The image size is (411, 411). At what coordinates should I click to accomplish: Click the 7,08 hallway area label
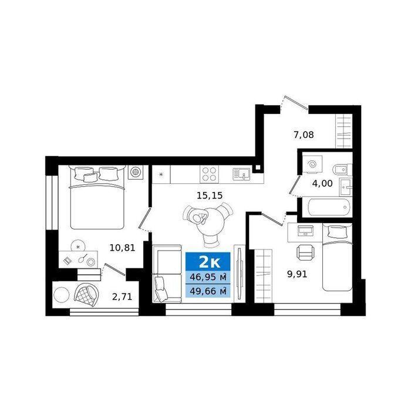pyautogui.click(x=304, y=135)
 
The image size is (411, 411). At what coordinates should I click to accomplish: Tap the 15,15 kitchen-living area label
pyautogui.click(x=210, y=196)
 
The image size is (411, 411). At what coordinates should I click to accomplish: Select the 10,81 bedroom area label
pyautogui.click(x=122, y=248)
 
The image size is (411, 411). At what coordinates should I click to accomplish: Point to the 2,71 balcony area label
pyautogui.click(x=122, y=297)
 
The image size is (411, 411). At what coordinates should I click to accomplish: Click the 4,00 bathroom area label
pyautogui.click(x=322, y=183)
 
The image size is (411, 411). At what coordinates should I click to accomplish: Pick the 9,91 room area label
pyautogui.click(x=297, y=274)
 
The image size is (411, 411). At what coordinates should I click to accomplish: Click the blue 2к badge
pyautogui.click(x=208, y=262)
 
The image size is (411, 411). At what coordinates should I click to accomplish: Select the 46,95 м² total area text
pyautogui.click(x=208, y=277)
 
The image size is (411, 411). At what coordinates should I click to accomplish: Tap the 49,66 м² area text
pyautogui.click(x=208, y=291)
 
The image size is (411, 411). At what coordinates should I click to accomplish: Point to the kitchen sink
pyautogui.click(x=241, y=174)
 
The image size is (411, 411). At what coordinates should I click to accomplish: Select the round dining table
pyautogui.click(x=211, y=222)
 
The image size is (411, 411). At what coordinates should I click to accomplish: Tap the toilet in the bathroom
pyautogui.click(x=342, y=170)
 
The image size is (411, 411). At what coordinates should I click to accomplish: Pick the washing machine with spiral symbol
pyautogui.click(x=312, y=164)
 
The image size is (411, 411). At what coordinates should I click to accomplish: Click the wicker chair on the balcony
pyautogui.click(x=86, y=295)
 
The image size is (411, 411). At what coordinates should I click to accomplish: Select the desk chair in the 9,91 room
pyautogui.click(x=305, y=252)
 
